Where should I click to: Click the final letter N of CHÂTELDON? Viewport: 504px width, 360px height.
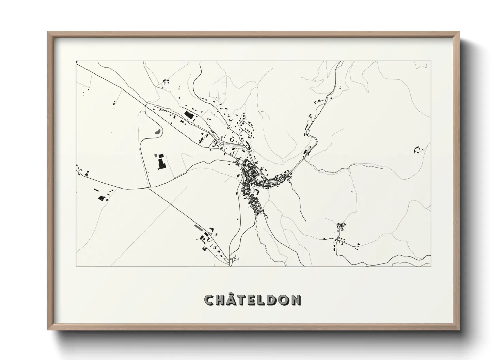pyautogui.click(x=296, y=300)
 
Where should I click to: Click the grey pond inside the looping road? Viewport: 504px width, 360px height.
pyautogui.click(x=157, y=131)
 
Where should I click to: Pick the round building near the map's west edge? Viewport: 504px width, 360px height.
pyautogui.click(x=86, y=174)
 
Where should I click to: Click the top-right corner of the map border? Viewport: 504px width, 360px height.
pyautogui.click(x=431, y=61)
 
